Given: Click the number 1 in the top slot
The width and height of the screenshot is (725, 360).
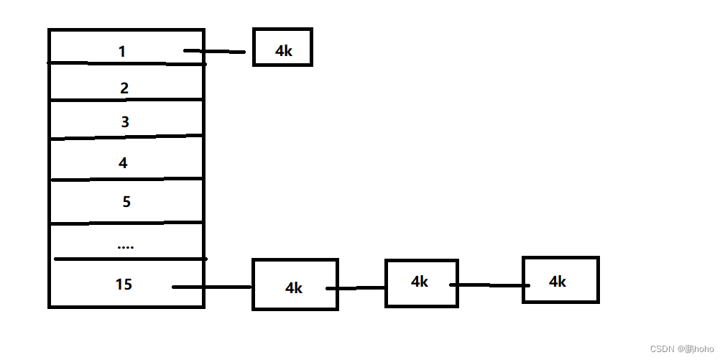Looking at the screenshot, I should pyautogui.click(x=122, y=52).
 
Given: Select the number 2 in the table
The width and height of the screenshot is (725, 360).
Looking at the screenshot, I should pyautogui.click(x=124, y=88).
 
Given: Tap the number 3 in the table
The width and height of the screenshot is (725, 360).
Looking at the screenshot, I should pyautogui.click(x=125, y=122).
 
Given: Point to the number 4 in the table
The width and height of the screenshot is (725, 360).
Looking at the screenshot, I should pyautogui.click(x=123, y=163).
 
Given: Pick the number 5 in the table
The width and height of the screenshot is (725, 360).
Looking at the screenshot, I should pyautogui.click(x=126, y=202).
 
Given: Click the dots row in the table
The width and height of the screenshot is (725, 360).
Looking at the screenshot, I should pyautogui.click(x=125, y=246).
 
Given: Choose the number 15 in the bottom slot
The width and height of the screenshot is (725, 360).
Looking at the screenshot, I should pyautogui.click(x=124, y=285).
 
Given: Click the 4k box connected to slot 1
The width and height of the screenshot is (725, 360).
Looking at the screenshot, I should pyautogui.click(x=282, y=47).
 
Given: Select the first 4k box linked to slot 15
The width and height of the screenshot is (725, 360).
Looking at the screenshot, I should pyautogui.click(x=295, y=285).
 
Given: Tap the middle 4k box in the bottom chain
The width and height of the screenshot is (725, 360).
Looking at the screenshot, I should pyautogui.click(x=421, y=282).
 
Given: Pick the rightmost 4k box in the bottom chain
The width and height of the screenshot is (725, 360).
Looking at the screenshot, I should pyautogui.click(x=560, y=280).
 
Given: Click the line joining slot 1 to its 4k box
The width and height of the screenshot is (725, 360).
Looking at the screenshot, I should pyautogui.click(x=215, y=51).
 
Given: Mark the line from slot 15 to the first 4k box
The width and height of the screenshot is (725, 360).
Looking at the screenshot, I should pyautogui.click(x=212, y=287).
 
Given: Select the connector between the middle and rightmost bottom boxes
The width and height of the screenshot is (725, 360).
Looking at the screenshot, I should pyautogui.click(x=489, y=285).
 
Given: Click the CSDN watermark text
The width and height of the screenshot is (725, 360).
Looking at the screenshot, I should pyautogui.click(x=682, y=349).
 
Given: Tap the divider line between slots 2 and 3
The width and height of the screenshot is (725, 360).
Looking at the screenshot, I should pyautogui.click(x=126, y=100).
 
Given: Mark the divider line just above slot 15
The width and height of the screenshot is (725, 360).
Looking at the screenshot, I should pyautogui.click(x=129, y=259).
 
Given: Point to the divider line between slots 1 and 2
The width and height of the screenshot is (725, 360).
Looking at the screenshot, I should pyautogui.click(x=126, y=63).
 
